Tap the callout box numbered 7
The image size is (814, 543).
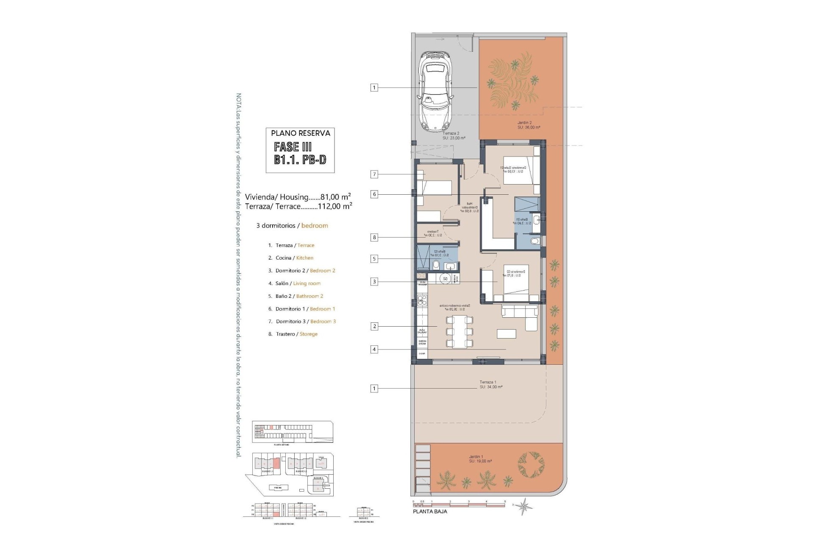[374, 174]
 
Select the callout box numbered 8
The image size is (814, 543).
[374, 238]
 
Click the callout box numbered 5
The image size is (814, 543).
[374, 259]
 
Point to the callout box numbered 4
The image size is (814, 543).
[374, 350]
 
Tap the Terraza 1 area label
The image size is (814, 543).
[491, 384]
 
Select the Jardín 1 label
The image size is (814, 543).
[480, 459]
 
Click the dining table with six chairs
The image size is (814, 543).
[459, 332]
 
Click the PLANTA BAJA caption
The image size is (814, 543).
[429, 512]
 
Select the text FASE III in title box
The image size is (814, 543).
[293, 147]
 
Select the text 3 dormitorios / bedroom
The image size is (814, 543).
[292, 226]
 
